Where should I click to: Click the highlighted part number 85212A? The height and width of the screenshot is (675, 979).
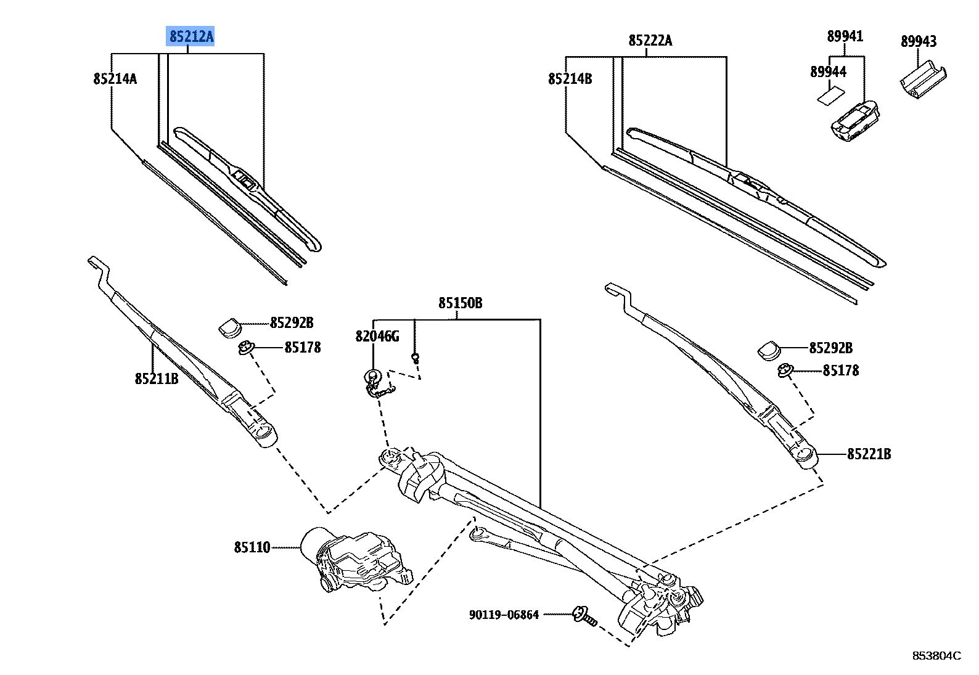point(191,37)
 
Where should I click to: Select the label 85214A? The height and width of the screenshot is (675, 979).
point(115,79)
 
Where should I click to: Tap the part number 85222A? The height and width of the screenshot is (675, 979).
point(650,41)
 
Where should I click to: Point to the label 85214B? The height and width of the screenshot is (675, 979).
point(570,79)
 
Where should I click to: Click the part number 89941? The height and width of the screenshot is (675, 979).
point(845,36)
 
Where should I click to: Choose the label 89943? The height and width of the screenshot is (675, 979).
point(918,41)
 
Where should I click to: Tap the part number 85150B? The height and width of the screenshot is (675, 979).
point(460,303)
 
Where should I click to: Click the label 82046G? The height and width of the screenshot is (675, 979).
point(377,336)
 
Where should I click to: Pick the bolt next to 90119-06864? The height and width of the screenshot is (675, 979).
point(584,616)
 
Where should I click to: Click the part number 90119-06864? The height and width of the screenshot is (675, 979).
point(504,615)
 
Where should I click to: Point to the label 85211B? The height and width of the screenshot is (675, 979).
point(157,378)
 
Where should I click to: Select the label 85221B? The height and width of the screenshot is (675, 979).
point(869,454)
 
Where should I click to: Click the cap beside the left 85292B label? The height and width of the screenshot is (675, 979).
point(230,326)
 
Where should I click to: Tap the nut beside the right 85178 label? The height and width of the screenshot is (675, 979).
point(785,370)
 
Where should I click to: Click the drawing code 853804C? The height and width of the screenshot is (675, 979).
point(936,655)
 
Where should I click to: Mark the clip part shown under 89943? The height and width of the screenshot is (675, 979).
point(923,81)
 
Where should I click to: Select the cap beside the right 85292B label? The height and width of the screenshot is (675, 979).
point(769,350)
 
